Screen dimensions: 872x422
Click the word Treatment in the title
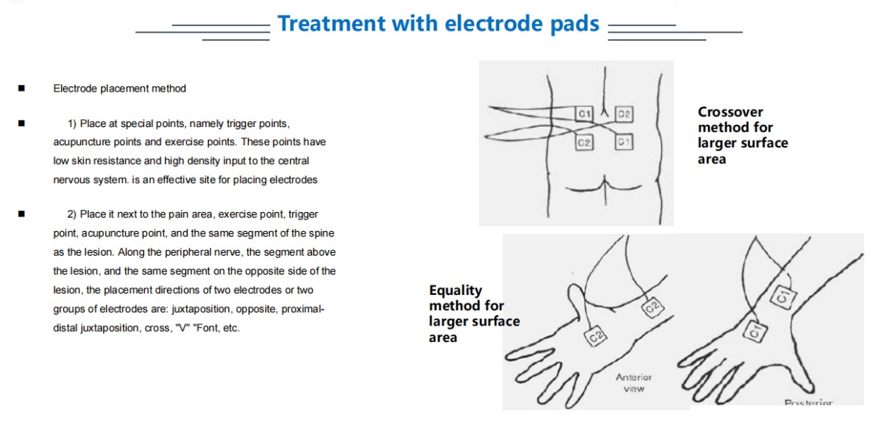(x=331, y=23)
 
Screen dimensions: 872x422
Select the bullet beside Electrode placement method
(x=21, y=89)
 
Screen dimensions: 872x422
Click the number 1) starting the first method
(x=72, y=123)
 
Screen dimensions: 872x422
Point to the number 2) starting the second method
(x=72, y=214)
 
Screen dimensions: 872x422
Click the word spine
(x=322, y=233)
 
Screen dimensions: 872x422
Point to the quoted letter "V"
(x=182, y=328)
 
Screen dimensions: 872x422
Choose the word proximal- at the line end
(x=303, y=309)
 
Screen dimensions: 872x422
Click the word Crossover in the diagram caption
(x=730, y=112)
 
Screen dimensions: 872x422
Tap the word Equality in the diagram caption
(x=456, y=291)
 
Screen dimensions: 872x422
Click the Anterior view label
(x=634, y=383)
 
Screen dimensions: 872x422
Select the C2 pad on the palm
(x=596, y=336)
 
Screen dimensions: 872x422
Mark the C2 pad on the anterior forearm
(x=653, y=307)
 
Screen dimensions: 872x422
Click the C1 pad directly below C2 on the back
(x=624, y=142)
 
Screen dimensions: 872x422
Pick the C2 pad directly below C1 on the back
(x=584, y=142)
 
